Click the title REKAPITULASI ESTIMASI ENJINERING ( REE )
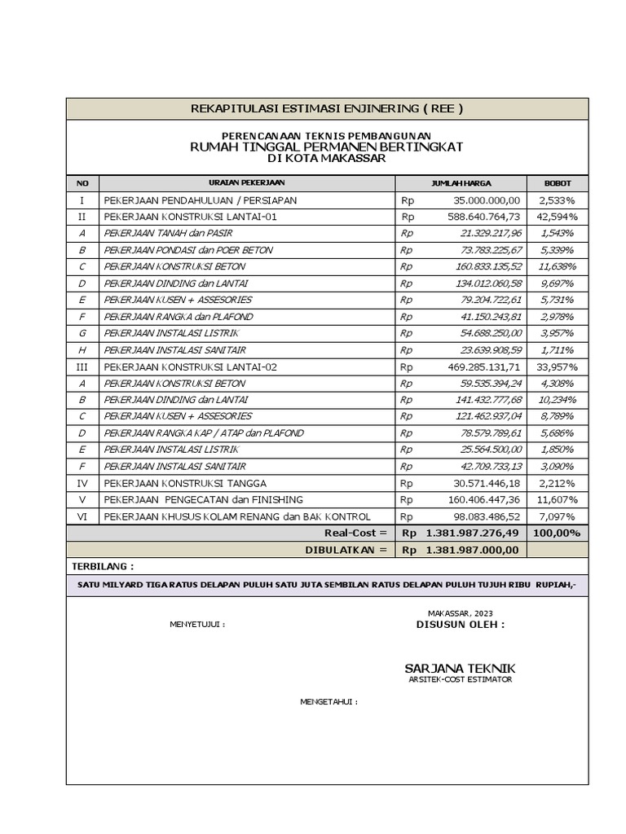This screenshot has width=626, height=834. [327, 108]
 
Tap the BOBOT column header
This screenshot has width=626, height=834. [558, 183]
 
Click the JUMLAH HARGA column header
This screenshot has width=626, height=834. [461, 183]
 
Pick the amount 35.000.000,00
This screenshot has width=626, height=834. [483, 200]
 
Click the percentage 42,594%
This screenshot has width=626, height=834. [558, 217]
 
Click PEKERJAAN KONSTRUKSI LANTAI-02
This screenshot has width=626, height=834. [190, 367]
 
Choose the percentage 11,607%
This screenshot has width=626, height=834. [558, 500]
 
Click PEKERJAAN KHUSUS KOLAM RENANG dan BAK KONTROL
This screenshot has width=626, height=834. [236, 517]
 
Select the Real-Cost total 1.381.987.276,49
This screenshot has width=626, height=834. [472, 533]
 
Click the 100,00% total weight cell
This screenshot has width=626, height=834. [558, 533]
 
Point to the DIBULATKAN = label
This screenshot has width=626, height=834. [346, 551]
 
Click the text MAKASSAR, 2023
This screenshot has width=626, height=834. [461, 612]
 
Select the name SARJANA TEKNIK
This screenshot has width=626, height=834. [461, 668]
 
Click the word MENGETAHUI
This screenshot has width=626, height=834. [328, 700]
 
